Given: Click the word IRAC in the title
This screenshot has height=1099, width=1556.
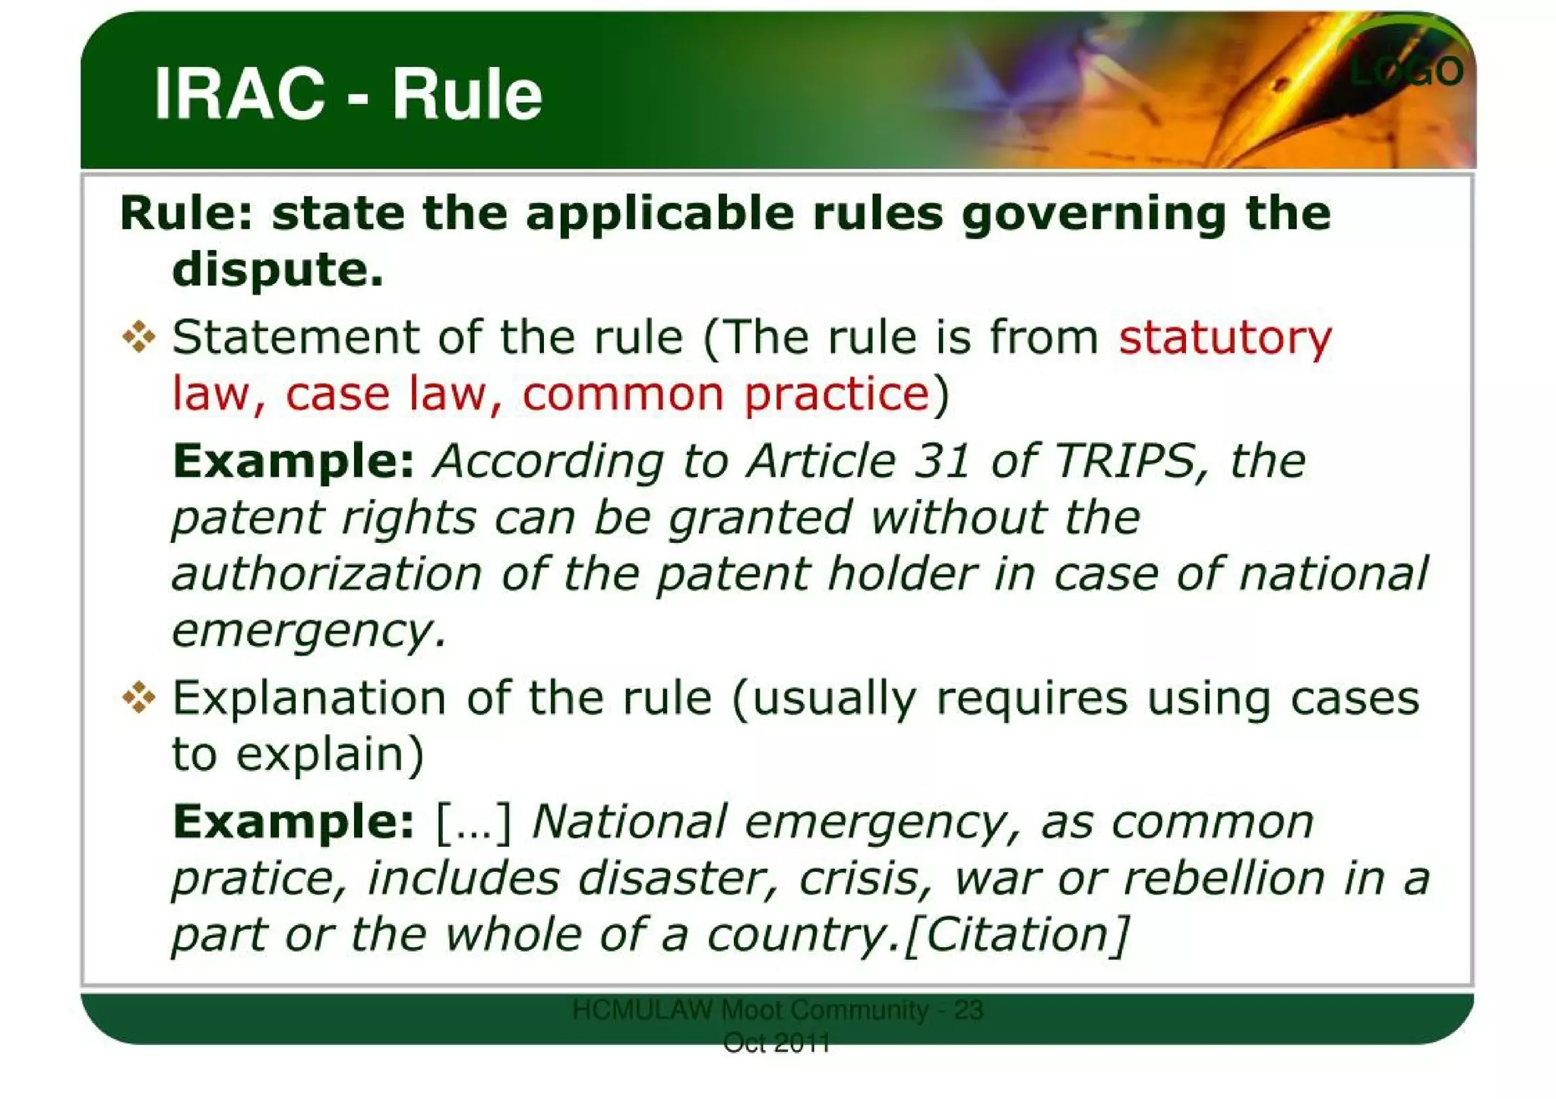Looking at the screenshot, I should tap(239, 94).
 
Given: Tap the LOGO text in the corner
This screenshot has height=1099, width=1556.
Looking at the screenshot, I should tap(1406, 71).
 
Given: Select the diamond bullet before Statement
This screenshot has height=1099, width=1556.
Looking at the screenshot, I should tap(138, 336).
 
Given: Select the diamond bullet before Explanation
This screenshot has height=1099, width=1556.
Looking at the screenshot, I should tap(138, 696).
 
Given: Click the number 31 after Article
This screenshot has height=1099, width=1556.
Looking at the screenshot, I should tap(942, 461).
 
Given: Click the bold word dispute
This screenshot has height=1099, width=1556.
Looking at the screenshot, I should tap(277, 270).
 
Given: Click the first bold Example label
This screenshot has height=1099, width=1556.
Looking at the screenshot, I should tap(293, 461).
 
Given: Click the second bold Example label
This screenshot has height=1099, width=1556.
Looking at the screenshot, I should tap(293, 822).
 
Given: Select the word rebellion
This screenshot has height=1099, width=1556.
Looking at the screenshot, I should tap(1223, 878).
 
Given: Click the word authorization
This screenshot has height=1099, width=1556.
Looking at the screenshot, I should tap(327, 573).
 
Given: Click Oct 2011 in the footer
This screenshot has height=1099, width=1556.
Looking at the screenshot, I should tap(776, 1043).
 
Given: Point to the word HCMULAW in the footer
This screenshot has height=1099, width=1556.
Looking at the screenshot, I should tap(642, 1010).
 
